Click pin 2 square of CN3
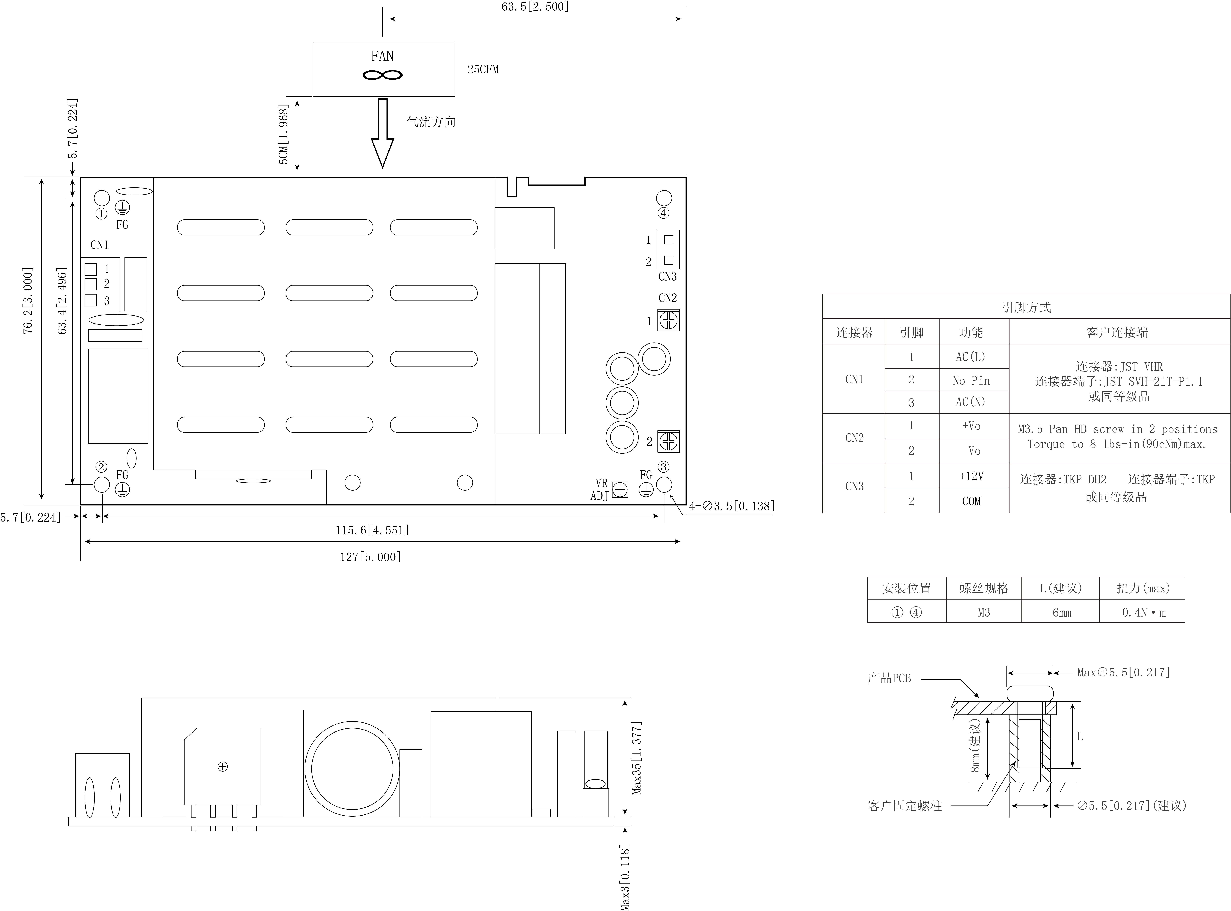669,260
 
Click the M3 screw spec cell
984,612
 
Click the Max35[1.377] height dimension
637,758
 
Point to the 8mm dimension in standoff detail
975,745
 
